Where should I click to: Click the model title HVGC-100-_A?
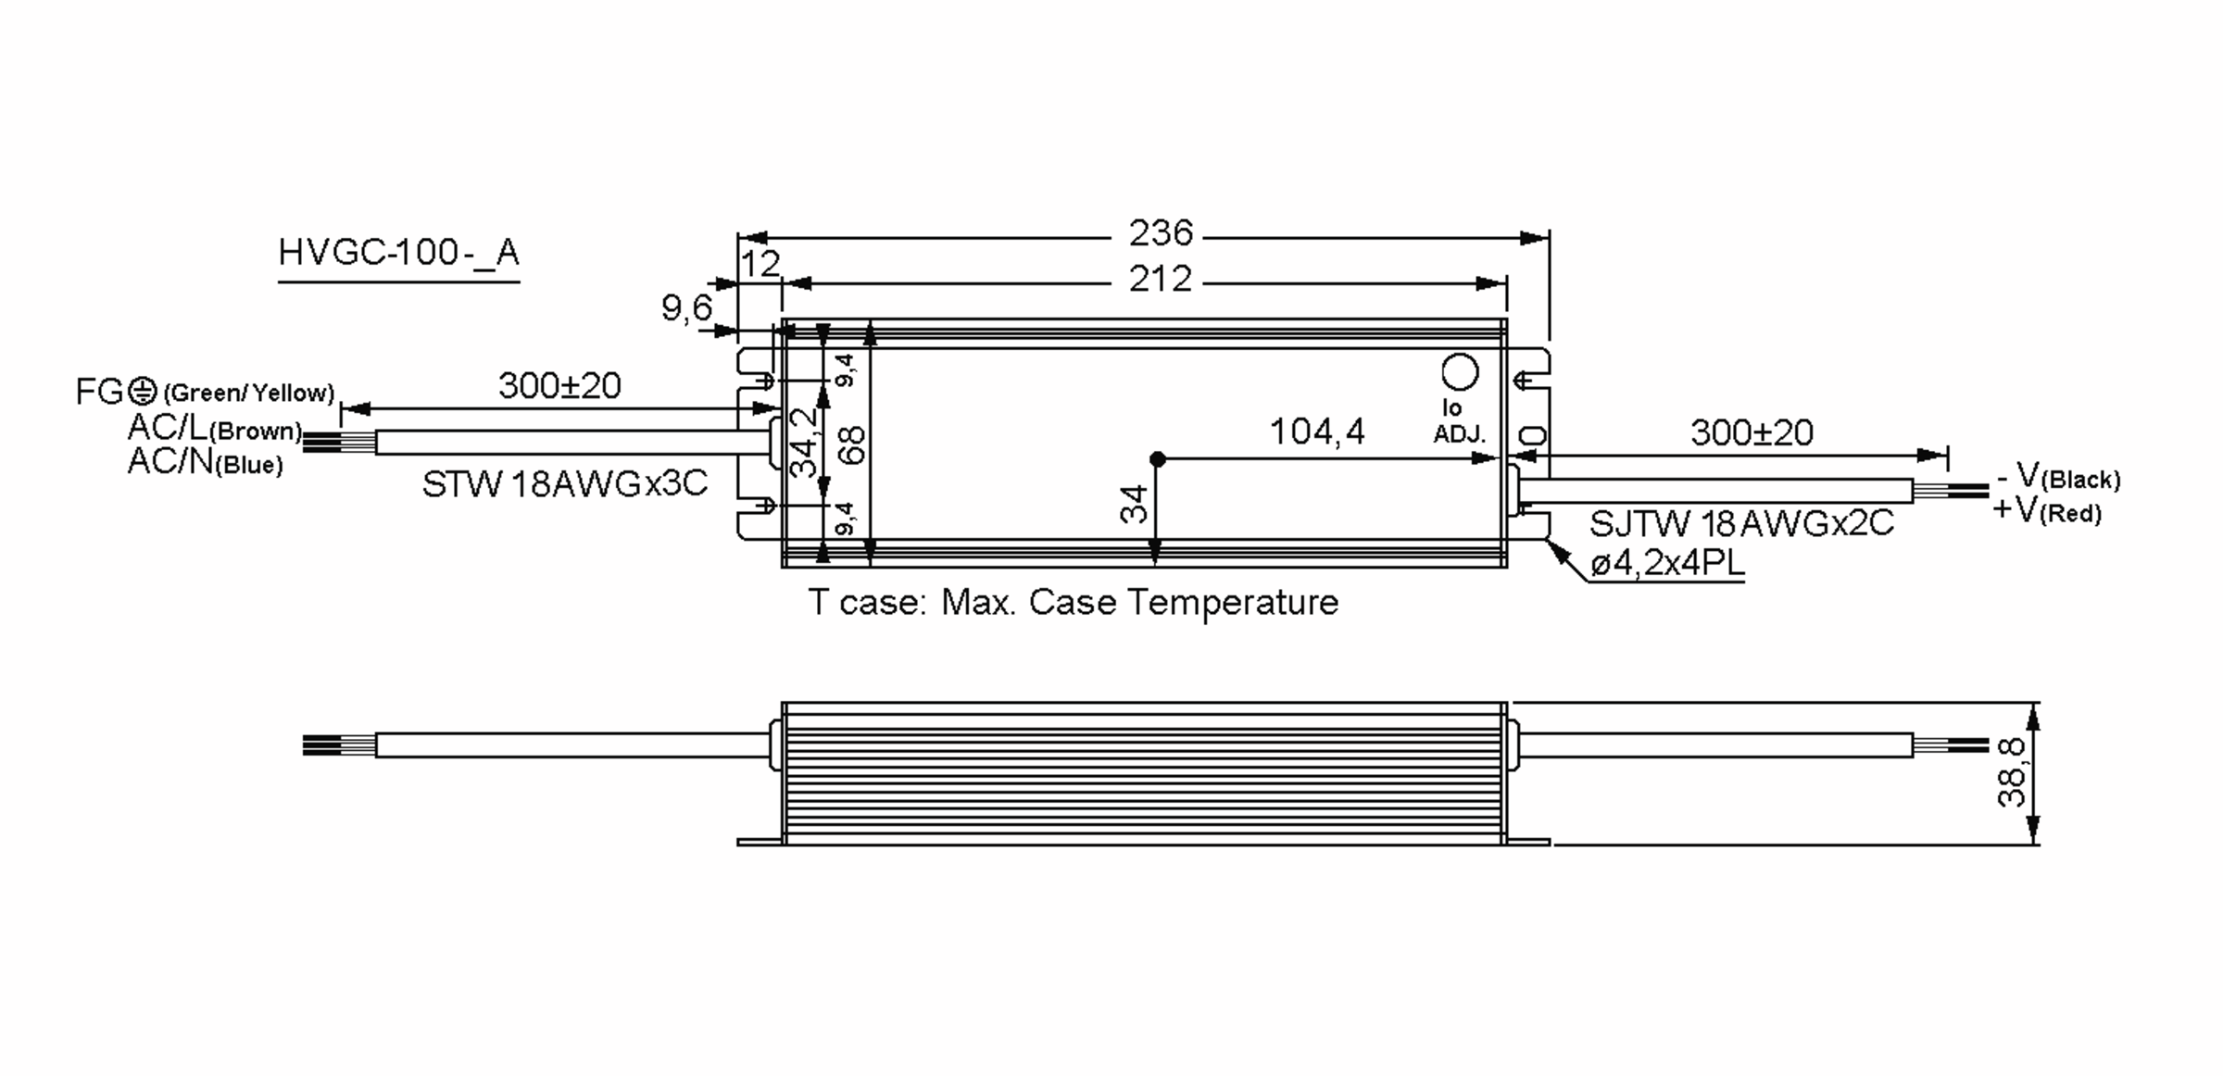[x=398, y=252]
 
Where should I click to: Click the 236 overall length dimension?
[x=1160, y=233]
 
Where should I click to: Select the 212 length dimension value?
[x=1160, y=279]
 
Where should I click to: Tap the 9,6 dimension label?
[x=686, y=307]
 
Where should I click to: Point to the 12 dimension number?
[x=760, y=265]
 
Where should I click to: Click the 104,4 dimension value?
[x=1316, y=432]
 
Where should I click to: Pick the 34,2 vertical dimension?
[x=804, y=443]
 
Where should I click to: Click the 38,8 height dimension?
[x=2012, y=773]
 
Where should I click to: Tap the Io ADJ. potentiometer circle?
[x=1461, y=372]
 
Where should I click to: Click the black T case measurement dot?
[x=1157, y=458]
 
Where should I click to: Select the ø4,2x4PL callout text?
[x=1667, y=563]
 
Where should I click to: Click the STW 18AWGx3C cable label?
[x=564, y=483]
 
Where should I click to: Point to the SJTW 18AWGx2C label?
[x=1741, y=524]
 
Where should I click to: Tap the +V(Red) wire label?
[x=2047, y=509]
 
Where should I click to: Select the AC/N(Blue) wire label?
[x=206, y=461]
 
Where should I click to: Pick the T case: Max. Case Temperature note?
[x=1073, y=603]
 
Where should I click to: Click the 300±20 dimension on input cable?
[x=559, y=385]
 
